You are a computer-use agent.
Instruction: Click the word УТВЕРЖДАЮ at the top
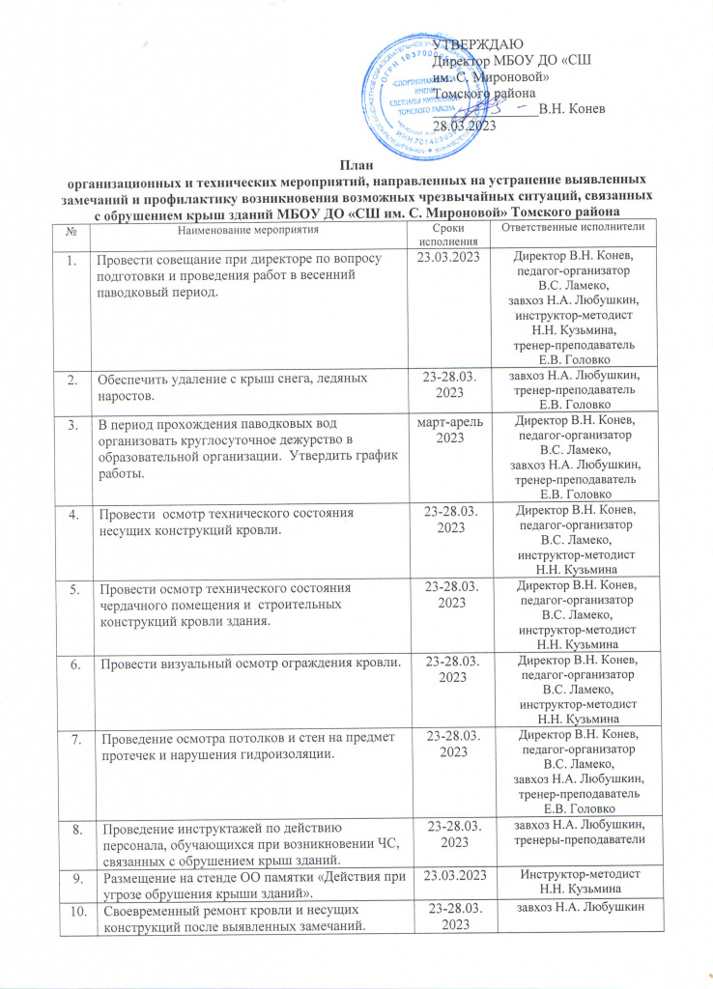(478, 43)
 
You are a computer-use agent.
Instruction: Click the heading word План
(357, 162)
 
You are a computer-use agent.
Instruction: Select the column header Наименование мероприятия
(248, 229)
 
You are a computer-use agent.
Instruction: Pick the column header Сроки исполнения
(449, 234)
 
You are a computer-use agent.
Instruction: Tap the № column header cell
(72, 231)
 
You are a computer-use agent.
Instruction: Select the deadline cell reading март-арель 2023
(449, 431)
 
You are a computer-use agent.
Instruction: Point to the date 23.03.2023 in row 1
(449, 259)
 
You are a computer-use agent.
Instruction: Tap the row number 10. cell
(72, 910)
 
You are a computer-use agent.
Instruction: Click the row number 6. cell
(72, 661)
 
